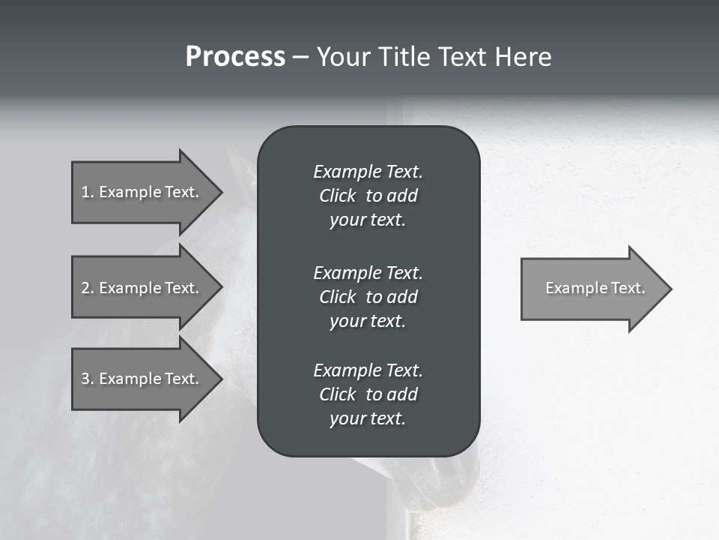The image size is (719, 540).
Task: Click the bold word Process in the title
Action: (235, 57)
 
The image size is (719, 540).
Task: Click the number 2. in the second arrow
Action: (87, 288)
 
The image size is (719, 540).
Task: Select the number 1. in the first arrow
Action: (87, 192)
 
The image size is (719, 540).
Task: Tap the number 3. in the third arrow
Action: (87, 379)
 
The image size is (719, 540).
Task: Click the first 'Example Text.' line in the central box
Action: (368, 172)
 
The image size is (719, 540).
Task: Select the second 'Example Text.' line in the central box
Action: (368, 272)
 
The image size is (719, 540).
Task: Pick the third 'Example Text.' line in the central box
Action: (368, 370)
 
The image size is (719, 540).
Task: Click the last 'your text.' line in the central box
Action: (368, 418)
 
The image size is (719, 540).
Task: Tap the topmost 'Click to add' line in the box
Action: (368, 196)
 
